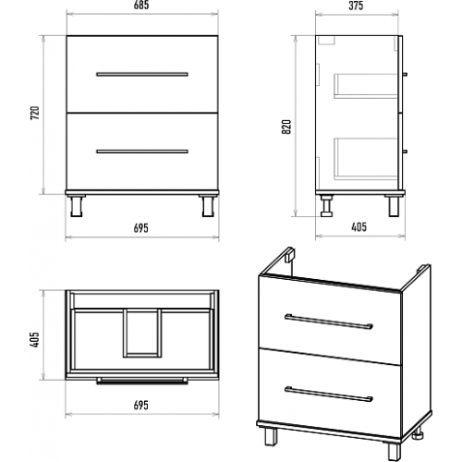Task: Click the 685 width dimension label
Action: click(141, 5)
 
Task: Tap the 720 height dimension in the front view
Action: click(35, 113)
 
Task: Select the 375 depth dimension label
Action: click(356, 6)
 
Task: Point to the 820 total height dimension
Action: click(286, 127)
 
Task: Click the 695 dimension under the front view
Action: click(141, 228)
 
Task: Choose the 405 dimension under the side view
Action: click(359, 227)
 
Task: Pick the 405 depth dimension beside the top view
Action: click(34, 340)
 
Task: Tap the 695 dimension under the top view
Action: click(141, 406)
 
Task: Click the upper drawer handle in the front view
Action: click(142, 74)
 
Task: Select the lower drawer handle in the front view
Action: click(142, 152)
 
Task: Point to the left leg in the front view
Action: click(76, 206)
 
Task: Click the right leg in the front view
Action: click(208, 206)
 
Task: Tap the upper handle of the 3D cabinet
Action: click(329, 322)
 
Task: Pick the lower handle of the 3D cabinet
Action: click(329, 395)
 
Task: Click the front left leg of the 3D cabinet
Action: click(271, 436)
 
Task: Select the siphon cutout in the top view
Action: click(142, 334)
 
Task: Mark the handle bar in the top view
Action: click(142, 381)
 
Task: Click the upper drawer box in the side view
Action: click(366, 86)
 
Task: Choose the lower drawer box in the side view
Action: click(366, 158)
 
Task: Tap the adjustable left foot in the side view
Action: click(326, 206)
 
